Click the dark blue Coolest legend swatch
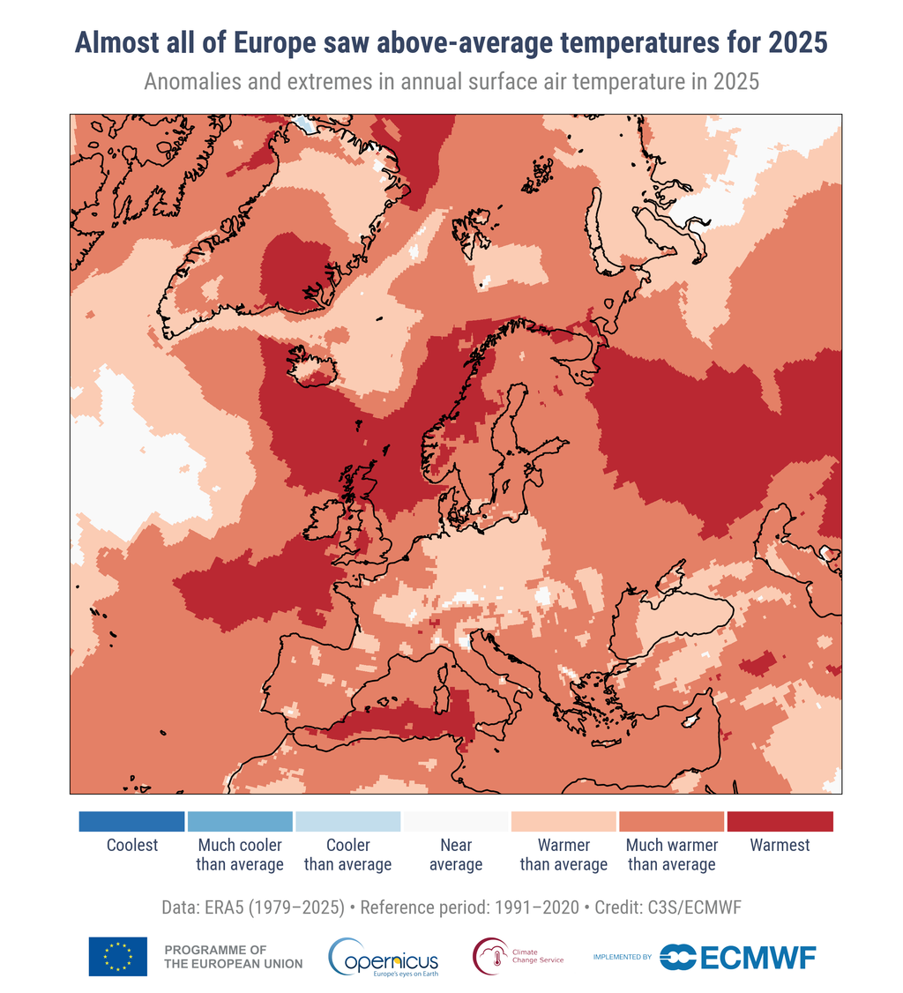click(x=131, y=822)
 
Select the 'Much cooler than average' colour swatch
click(x=240, y=822)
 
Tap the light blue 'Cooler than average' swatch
click(x=347, y=822)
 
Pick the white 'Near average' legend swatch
click(x=456, y=822)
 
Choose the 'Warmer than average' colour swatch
click(x=563, y=822)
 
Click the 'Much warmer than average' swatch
click(x=672, y=822)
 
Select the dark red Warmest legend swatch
click(x=780, y=822)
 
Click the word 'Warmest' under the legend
click(x=780, y=845)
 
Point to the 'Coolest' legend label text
click(x=132, y=845)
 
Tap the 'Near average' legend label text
click(x=456, y=855)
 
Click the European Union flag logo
click(x=117, y=957)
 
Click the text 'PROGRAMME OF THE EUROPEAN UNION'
click(x=233, y=957)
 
